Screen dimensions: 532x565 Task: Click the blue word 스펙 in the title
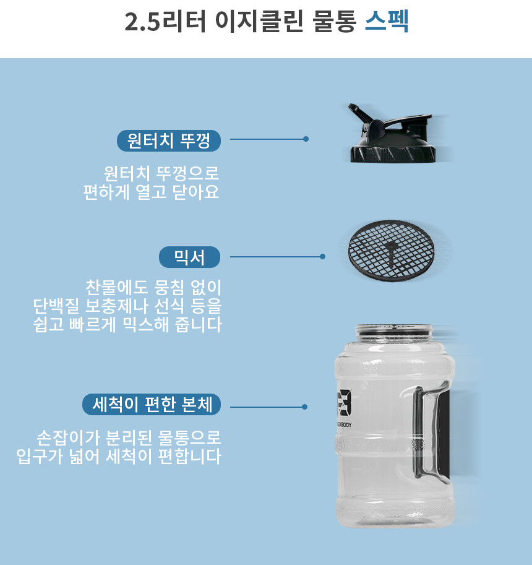coord(387,21)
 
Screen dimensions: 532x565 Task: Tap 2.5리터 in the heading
coord(165,22)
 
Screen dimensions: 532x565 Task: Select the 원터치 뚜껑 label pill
coord(169,140)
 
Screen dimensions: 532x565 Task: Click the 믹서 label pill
coord(189,257)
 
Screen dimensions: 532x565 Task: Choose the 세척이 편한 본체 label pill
coord(152,404)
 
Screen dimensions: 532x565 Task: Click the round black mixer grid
coord(391,251)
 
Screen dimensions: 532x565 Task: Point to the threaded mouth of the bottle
coord(393,332)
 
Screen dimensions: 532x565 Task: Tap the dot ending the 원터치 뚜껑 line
coord(306,139)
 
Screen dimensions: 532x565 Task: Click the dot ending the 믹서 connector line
coord(322,257)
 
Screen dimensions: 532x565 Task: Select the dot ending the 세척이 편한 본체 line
coord(305,407)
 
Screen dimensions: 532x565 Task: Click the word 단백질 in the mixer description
coord(56,306)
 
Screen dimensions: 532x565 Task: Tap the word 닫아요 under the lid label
coord(196,192)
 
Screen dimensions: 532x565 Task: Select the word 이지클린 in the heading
coord(259,22)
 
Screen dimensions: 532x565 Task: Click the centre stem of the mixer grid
coord(391,252)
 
